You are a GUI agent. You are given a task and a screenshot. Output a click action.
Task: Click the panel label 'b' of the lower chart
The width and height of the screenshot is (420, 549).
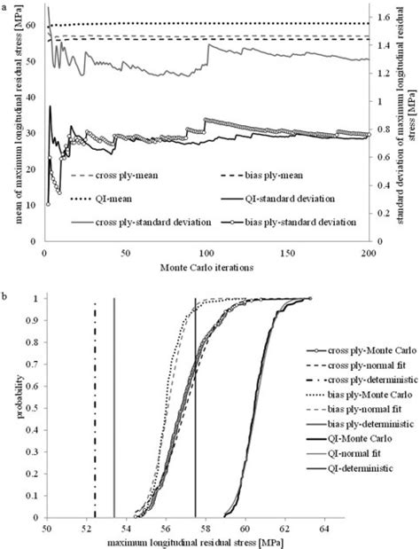(6, 290)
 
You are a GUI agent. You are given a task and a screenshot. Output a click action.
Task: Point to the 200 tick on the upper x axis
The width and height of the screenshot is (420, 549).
(369, 254)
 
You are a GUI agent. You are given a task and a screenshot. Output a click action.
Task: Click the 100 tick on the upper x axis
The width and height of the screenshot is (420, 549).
(206, 254)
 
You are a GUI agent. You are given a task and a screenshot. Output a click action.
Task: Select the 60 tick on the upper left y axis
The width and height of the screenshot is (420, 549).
(33, 27)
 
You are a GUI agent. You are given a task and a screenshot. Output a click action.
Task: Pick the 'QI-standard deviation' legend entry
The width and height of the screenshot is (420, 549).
(288, 199)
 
